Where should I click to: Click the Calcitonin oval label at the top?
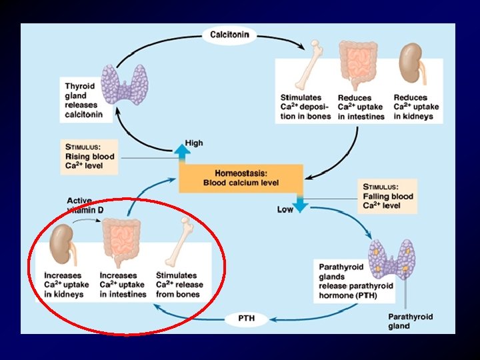[x=231, y=35]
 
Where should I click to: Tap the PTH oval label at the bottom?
[x=247, y=319]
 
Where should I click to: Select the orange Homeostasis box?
[x=241, y=177]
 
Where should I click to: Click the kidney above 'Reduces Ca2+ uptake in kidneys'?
[x=411, y=67]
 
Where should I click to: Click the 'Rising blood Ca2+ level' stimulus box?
[x=89, y=157]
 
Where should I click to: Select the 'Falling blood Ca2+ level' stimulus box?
[x=389, y=196]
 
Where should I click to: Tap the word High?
[x=194, y=143]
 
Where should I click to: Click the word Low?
[x=285, y=210]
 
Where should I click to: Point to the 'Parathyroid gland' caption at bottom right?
[x=410, y=321]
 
